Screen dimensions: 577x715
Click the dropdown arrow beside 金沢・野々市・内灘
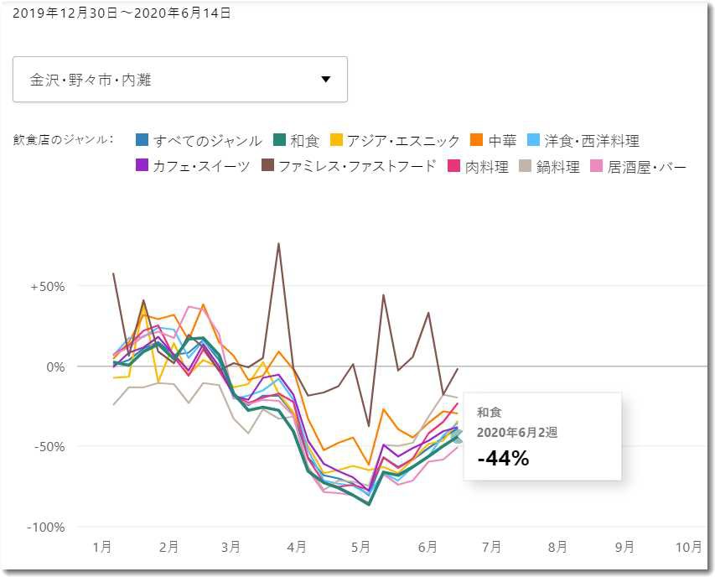click(x=326, y=80)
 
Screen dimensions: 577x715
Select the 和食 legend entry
click(x=298, y=141)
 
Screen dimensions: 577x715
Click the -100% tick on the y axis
click(x=47, y=527)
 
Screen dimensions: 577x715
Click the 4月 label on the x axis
click(x=296, y=547)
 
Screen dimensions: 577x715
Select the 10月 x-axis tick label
click(x=688, y=547)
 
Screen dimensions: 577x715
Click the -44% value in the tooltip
click(x=503, y=458)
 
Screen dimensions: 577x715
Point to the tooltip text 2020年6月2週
click(x=517, y=433)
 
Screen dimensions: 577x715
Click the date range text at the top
click(x=122, y=13)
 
